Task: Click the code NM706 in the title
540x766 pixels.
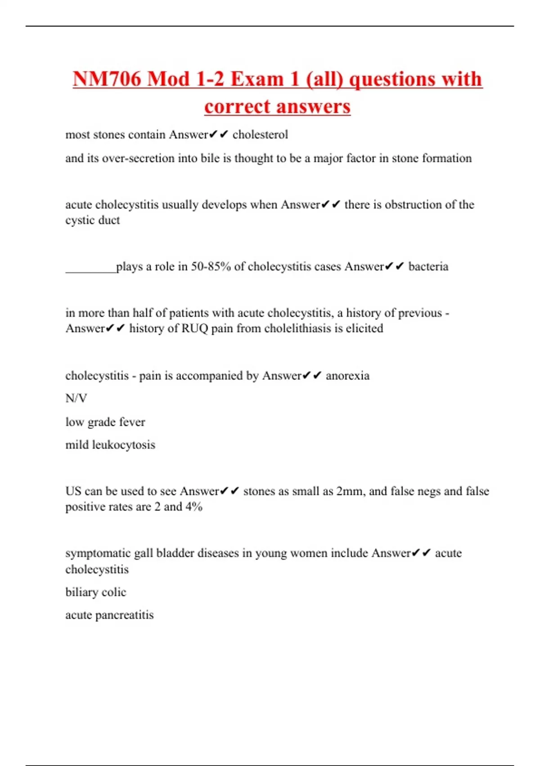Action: point(107,79)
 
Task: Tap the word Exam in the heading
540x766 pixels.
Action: point(257,79)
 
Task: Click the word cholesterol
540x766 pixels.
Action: point(260,135)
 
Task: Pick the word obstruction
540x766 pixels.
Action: point(413,205)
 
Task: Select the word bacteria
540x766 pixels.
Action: point(428,267)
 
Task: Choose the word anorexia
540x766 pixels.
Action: point(347,376)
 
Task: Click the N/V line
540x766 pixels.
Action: point(76,398)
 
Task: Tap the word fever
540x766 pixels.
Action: point(132,422)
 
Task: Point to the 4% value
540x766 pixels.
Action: point(194,507)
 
